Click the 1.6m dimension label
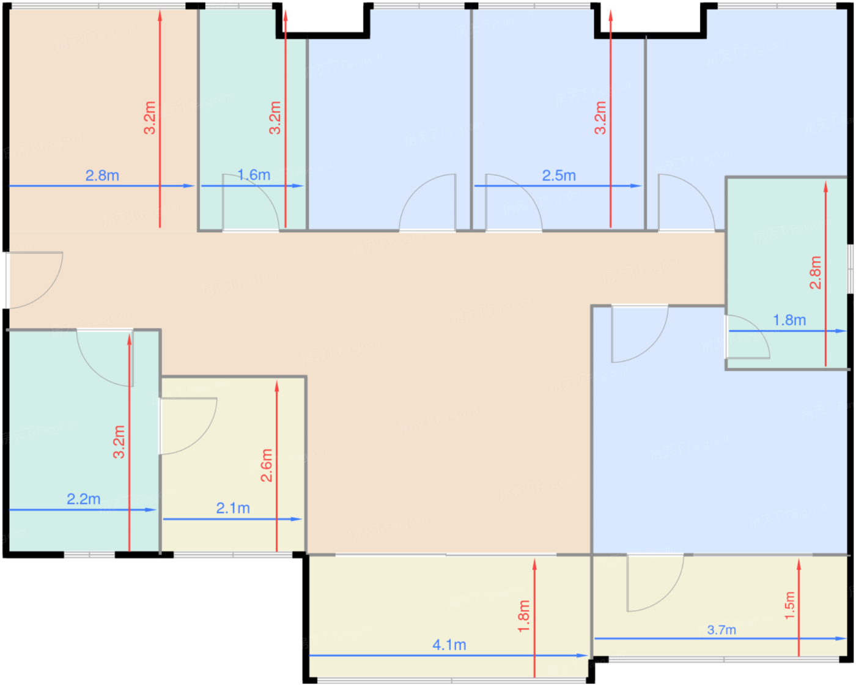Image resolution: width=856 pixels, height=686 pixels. click(254, 175)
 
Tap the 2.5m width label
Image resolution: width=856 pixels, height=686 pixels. click(559, 175)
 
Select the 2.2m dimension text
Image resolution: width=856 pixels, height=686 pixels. click(84, 499)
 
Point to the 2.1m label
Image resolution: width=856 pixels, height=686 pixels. click(233, 508)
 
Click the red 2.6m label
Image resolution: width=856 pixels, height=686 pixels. click(267, 465)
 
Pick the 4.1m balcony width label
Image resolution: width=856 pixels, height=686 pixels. click(449, 645)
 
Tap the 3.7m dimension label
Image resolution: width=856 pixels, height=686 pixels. click(721, 630)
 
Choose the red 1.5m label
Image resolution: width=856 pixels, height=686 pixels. click(789, 605)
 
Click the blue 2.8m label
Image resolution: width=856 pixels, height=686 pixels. click(102, 175)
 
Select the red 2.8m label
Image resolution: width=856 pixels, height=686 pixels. click(816, 273)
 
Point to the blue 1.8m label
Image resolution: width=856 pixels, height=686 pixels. click(789, 320)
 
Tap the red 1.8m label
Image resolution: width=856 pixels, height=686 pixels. click(524, 616)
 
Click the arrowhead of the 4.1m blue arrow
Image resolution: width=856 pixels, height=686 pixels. click(582, 655)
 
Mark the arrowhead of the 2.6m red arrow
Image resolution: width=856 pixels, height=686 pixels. click(277, 386)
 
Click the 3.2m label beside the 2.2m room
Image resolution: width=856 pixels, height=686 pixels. click(119, 442)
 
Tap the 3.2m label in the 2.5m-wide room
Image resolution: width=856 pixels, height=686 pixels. click(600, 118)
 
